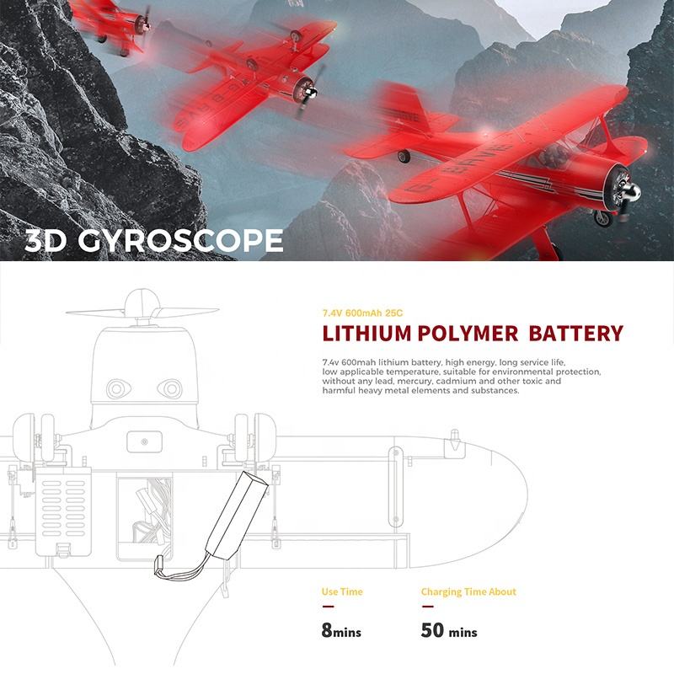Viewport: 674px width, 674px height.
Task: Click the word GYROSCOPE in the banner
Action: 180,241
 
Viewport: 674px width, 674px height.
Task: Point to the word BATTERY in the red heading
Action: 576,334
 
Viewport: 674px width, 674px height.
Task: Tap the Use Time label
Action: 342,591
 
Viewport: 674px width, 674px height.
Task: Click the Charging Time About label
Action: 468,591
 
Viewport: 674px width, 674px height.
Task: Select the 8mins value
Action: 341,631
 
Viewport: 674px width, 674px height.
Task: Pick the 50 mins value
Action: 449,631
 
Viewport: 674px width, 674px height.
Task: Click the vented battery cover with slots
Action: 65,512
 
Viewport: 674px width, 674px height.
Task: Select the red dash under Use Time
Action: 328,606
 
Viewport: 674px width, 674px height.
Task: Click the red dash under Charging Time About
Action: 427,606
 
